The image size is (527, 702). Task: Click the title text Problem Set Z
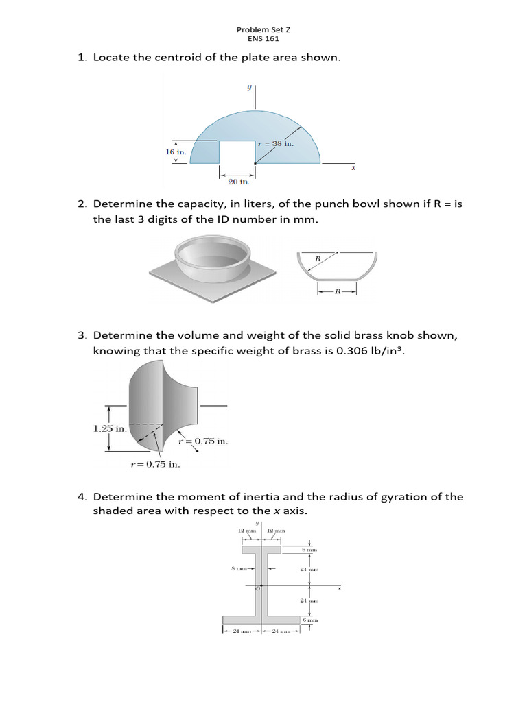click(x=263, y=29)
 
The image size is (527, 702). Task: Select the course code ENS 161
click(x=263, y=38)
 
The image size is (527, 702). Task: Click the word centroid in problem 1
click(x=187, y=58)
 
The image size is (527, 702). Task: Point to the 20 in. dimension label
click(x=238, y=182)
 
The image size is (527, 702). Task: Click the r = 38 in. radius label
click(x=275, y=144)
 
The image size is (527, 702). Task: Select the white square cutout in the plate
click(x=237, y=152)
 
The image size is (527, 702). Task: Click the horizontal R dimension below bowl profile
click(x=337, y=291)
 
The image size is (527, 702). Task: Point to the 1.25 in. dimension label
click(x=109, y=428)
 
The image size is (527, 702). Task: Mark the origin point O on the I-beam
click(x=261, y=586)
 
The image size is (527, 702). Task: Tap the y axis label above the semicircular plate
click(x=248, y=87)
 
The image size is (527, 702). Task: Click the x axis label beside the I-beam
click(x=339, y=588)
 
